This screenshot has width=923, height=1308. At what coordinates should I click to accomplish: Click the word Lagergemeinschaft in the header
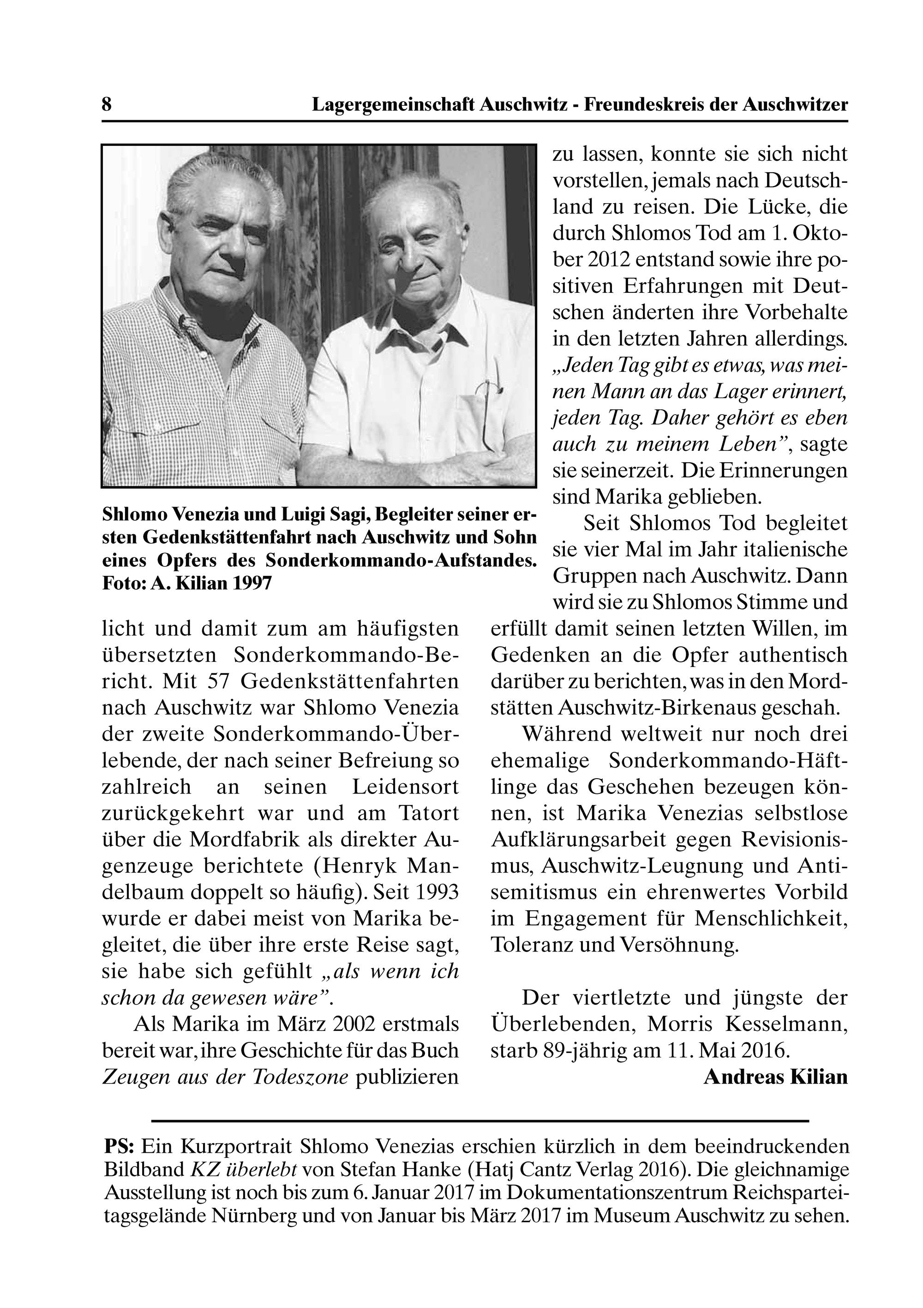coord(393,105)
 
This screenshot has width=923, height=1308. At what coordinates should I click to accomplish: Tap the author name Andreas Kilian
coord(775,1077)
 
